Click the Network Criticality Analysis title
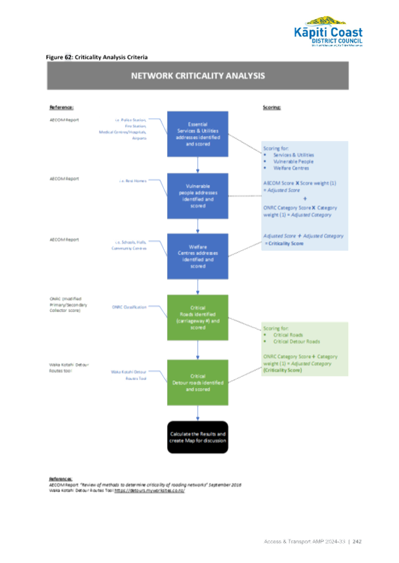[x=198, y=76]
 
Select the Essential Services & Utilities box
[x=198, y=133]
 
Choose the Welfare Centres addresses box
[x=198, y=256]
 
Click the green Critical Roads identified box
[x=198, y=317]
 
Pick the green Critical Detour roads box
[x=198, y=382]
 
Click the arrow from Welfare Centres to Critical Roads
[x=198, y=287]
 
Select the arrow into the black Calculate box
[x=198, y=413]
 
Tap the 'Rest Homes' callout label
[x=133, y=181]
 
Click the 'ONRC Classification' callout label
[x=129, y=307]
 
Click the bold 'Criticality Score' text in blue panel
[x=285, y=243]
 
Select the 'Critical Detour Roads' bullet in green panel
[x=296, y=342]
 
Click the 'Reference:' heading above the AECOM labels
[x=61, y=107]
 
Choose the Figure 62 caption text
[x=96, y=57]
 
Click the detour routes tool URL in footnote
[x=149, y=489]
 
